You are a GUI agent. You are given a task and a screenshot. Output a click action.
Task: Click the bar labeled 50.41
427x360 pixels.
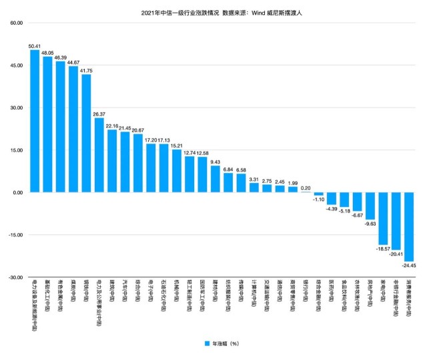(x=35, y=121)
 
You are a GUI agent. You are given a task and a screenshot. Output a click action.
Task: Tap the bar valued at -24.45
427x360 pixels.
(x=409, y=226)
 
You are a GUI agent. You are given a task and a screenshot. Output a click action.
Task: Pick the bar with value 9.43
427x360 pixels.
(x=216, y=179)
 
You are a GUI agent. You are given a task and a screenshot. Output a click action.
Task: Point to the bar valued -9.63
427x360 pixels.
(x=370, y=206)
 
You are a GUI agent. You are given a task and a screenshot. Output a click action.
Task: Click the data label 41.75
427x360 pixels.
(x=87, y=71)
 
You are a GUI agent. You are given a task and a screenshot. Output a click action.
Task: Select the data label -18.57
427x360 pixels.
(x=383, y=248)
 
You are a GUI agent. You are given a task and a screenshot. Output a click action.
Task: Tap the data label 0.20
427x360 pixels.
(x=306, y=188)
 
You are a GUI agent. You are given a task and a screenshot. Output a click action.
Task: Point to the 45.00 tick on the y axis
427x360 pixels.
(x=15, y=65)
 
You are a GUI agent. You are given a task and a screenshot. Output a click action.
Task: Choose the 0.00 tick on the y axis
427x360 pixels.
(x=17, y=192)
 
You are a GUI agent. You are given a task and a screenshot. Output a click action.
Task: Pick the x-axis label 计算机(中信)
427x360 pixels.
(x=254, y=295)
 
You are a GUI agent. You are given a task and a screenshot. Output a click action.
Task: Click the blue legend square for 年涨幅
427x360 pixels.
(x=207, y=343)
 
